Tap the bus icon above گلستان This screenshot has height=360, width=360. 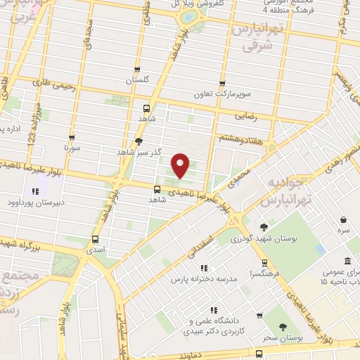point(137,70)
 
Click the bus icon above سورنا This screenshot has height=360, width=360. point(72,138)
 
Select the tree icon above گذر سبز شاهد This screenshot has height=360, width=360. point(138,141)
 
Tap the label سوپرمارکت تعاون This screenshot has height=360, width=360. point(222,94)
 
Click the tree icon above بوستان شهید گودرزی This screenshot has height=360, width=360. point(263,227)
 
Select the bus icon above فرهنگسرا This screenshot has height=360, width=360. point(264,262)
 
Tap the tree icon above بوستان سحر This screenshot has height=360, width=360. point(283,327)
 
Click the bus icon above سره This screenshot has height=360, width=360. point(342,219)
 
